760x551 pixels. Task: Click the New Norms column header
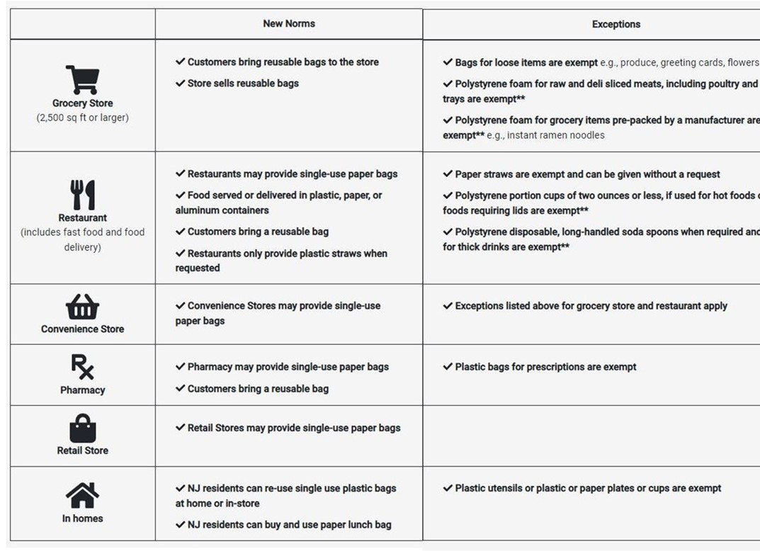click(289, 23)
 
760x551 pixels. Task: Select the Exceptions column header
click(616, 24)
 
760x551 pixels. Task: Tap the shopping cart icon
click(82, 80)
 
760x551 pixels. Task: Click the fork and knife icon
click(82, 195)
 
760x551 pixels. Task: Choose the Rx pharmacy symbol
click(82, 368)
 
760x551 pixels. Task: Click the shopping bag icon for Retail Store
click(82, 428)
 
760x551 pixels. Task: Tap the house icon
click(82, 495)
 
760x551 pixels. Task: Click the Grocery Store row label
click(82, 103)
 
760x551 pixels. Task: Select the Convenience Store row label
click(82, 329)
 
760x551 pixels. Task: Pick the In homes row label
click(82, 518)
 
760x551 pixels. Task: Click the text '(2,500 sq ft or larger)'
click(82, 118)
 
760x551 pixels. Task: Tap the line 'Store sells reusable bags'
click(243, 84)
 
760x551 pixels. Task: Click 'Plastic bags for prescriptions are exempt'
click(545, 367)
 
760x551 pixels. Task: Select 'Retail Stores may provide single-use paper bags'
click(293, 428)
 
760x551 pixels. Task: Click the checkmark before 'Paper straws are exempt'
click(448, 174)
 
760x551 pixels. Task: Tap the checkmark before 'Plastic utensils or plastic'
click(448, 488)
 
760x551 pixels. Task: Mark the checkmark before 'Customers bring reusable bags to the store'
click(181, 62)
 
